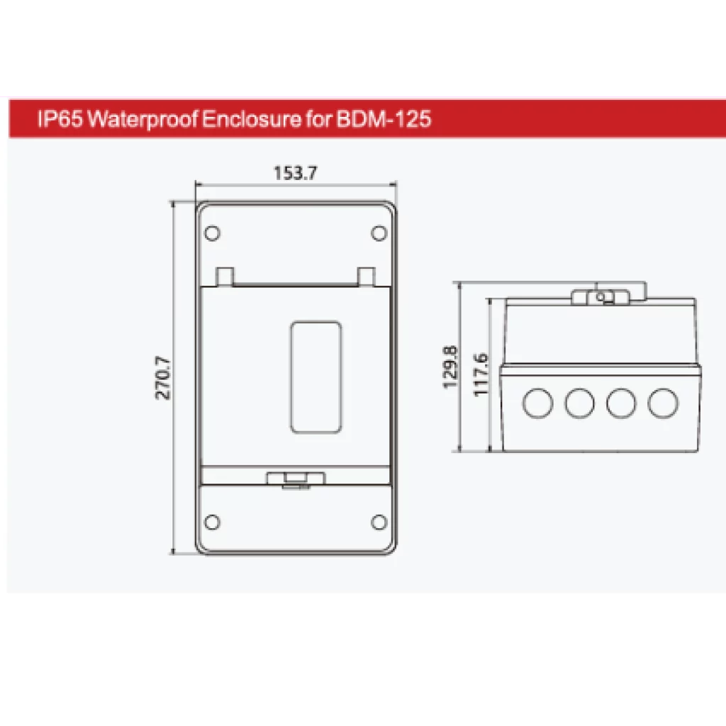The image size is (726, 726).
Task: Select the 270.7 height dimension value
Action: pyautogui.click(x=164, y=378)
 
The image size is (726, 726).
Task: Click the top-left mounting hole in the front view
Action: pyautogui.click(x=211, y=233)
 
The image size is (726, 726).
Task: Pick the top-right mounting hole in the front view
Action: pyautogui.click(x=379, y=233)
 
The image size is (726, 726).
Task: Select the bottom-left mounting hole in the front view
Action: pyautogui.click(x=211, y=523)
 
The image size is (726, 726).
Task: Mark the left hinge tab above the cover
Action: pyautogui.click(x=224, y=276)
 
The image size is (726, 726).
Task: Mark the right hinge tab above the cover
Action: pyautogui.click(x=366, y=276)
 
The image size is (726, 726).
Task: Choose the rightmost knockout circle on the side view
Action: pyautogui.click(x=662, y=403)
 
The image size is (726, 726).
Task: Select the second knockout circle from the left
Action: pyautogui.click(x=579, y=403)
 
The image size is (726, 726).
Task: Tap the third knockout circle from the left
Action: pyautogui.click(x=621, y=403)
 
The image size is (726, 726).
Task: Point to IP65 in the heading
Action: pyautogui.click(x=60, y=119)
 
